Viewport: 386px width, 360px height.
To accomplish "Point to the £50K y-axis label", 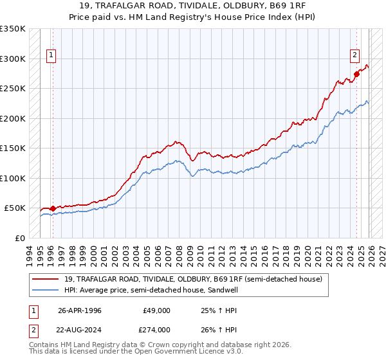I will coord(14,208).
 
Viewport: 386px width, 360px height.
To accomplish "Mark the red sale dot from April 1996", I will coord(53,208).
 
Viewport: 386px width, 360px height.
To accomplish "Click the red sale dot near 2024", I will coord(356,74).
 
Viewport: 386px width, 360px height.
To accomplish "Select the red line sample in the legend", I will coord(45,278).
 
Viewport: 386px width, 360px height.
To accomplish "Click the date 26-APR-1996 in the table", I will coord(79,310).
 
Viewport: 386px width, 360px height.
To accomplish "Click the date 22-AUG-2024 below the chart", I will coord(80,330).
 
